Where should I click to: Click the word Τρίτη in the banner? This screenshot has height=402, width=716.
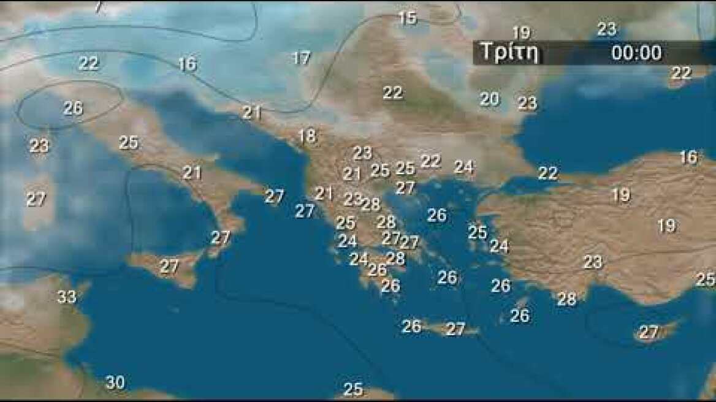pos(509,53)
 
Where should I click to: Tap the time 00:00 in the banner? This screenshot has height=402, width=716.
pos(636,53)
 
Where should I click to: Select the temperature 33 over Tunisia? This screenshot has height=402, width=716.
pos(67,297)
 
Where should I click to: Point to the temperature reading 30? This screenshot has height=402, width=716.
pos(115,383)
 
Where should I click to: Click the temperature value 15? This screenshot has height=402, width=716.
pos(407,18)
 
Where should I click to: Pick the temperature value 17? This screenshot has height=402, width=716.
pos(300,58)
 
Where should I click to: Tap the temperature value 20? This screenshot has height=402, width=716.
pos(489,99)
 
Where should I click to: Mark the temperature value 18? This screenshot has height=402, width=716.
pos(307,137)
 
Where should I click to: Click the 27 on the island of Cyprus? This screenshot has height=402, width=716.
pos(648,333)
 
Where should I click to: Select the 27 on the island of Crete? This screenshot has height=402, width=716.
pos(455,330)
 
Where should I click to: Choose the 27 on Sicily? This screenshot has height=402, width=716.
pos(169,267)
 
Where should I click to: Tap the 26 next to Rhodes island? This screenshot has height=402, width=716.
pos(519,316)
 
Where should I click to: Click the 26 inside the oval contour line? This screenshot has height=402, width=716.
pos(72,108)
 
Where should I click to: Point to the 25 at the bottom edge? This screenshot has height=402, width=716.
pos(352,389)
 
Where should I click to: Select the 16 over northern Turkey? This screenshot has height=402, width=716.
pos(688,157)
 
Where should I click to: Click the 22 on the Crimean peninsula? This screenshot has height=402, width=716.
pos(680,73)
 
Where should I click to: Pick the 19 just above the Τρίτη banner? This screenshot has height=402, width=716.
pos(520,32)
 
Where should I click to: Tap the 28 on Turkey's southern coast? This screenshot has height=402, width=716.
pos(566,299)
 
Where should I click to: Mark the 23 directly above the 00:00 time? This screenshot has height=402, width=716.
pos(606,29)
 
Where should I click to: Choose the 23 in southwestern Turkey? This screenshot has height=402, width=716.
pos(592,262)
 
